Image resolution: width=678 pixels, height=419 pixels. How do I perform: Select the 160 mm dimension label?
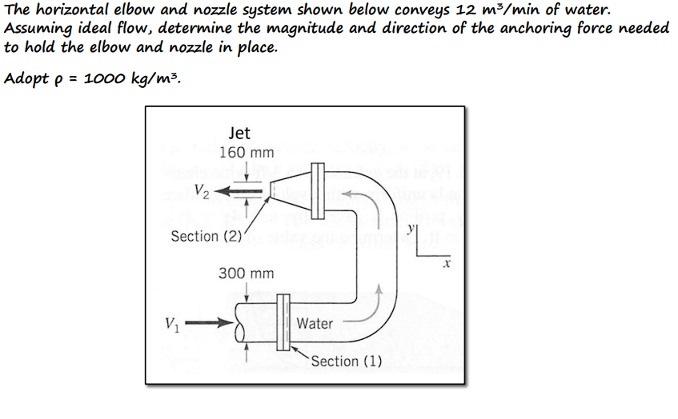[x=247, y=152]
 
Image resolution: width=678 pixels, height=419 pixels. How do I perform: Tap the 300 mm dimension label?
[x=247, y=273]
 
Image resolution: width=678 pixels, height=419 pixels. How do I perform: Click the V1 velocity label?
[x=171, y=324]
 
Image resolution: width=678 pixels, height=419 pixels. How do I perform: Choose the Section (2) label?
[x=206, y=236]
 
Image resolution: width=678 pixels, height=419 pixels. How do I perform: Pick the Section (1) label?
[x=346, y=361]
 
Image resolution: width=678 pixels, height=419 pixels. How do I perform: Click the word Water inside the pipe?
[x=315, y=323]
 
